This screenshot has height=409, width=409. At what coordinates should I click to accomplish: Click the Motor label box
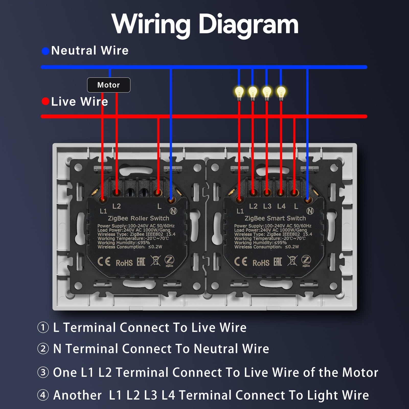point(109,85)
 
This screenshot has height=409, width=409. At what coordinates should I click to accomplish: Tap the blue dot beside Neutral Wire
point(46,51)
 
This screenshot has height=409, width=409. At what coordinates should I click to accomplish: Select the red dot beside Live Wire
point(46,101)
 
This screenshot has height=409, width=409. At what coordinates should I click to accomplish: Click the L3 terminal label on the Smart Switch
point(267,206)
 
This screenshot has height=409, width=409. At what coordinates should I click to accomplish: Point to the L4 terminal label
point(281,206)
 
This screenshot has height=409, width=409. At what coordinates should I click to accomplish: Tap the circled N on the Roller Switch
point(173,211)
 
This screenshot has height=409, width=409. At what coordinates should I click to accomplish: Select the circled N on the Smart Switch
point(310,211)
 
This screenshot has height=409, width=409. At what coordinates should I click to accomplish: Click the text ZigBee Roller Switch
point(139,218)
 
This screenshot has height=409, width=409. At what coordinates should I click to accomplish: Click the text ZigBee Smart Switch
point(275,218)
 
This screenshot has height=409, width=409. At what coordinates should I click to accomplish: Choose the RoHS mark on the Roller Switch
point(124,263)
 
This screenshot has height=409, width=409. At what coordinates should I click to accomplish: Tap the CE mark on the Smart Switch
point(241,262)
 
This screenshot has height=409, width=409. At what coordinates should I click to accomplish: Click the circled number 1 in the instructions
point(43,327)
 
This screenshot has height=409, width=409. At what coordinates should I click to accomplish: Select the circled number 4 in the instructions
point(43,395)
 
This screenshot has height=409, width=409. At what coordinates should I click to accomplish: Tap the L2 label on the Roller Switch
point(117,206)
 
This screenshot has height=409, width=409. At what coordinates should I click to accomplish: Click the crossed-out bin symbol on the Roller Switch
point(155,261)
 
